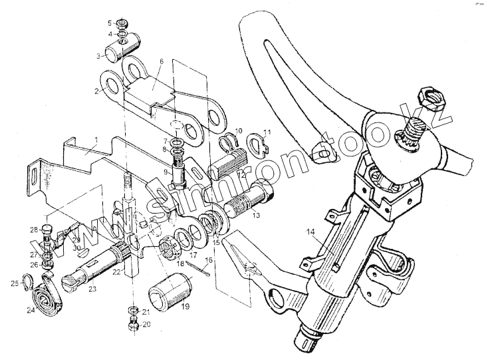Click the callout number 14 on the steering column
coord(310,232)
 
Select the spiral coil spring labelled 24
coord(49,297)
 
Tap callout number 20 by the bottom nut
coord(146,325)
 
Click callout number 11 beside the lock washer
coord(268,131)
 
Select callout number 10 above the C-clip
coord(240,131)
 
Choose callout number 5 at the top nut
coord(110,23)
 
